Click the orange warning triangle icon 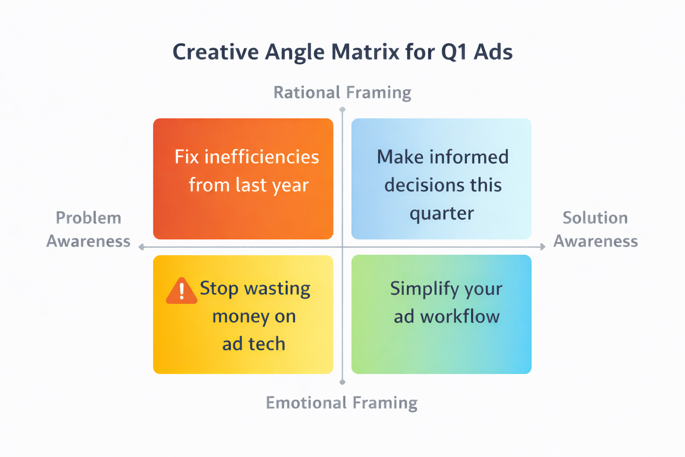[182, 291]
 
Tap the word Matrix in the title [365, 52]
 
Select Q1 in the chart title [454, 52]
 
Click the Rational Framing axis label [342, 92]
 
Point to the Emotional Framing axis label [342, 403]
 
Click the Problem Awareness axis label [88, 229]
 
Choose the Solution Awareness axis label [595, 229]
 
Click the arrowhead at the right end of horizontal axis [543, 247]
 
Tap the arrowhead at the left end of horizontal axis [141, 247]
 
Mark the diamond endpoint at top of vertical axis [342, 109]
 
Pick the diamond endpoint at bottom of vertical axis [342, 382]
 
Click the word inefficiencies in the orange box [261, 157]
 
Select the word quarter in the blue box [442, 213]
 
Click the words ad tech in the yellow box [253, 344]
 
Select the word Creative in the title [215, 52]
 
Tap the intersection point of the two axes [342, 247]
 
